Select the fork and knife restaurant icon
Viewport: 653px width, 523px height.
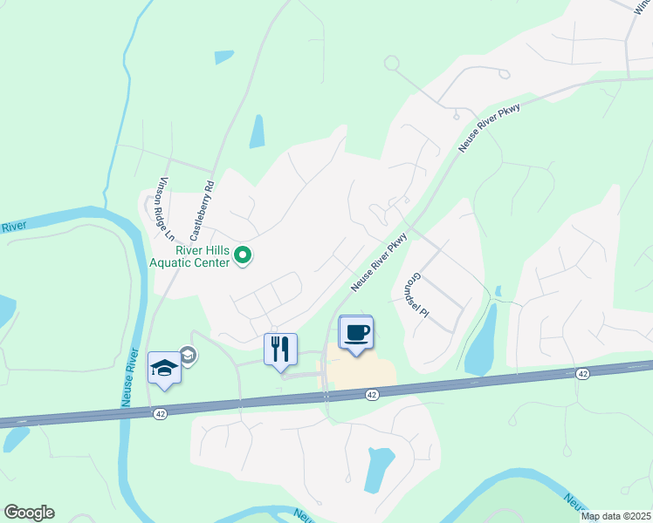click(x=280, y=350)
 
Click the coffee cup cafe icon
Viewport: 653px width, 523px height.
click(x=356, y=333)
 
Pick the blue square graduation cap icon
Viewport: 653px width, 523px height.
click(x=164, y=369)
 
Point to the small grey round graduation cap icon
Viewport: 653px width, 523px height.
click(x=188, y=354)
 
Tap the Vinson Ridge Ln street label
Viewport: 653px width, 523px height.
click(x=166, y=208)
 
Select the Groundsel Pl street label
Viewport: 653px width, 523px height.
click(x=420, y=294)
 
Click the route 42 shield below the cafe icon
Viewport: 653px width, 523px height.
click(x=372, y=395)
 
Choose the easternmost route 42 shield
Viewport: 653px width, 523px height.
click(x=581, y=373)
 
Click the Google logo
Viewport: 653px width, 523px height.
click(x=29, y=512)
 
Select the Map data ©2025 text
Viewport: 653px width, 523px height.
click(x=615, y=516)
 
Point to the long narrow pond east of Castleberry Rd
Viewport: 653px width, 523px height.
click(x=258, y=131)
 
